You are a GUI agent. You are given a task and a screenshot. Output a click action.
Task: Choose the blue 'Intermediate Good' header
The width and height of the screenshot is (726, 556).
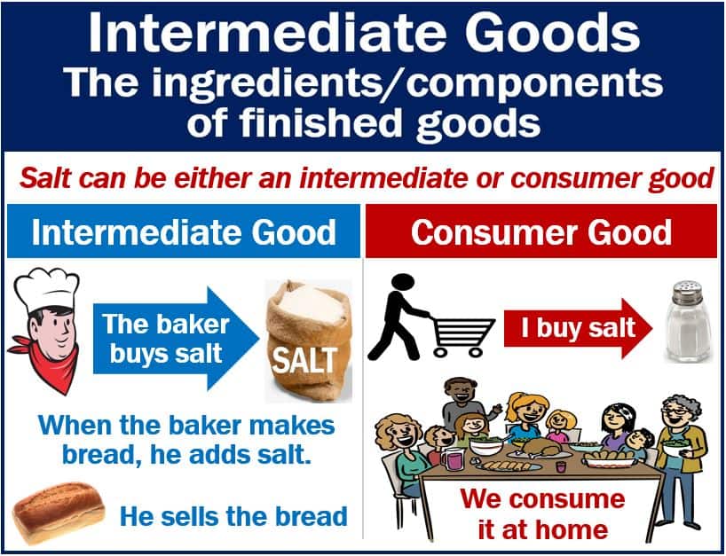184,232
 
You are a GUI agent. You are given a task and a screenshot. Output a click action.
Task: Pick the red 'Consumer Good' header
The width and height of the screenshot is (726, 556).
543,232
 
